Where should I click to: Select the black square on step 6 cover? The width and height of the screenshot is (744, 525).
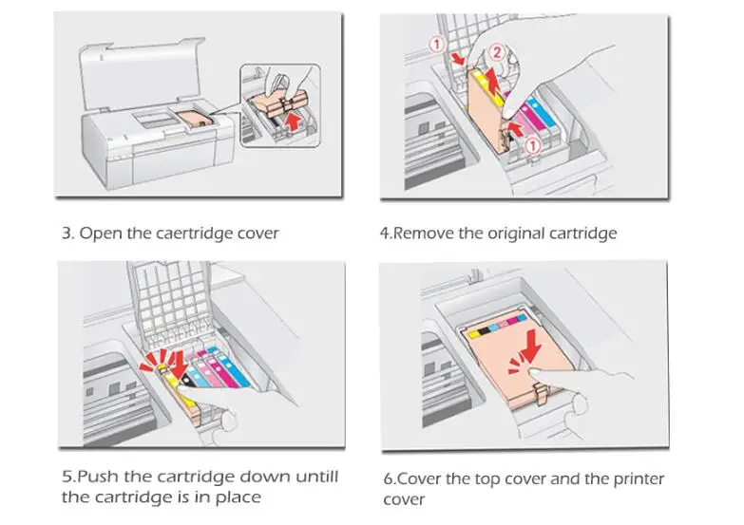(484, 332)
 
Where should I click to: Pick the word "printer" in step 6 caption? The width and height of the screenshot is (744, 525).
(637, 479)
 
